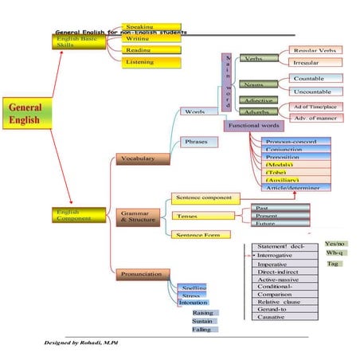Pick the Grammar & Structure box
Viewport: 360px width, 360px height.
pos(140,217)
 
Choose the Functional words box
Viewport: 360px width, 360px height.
pos(254,126)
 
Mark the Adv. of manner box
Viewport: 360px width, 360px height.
pos(317,119)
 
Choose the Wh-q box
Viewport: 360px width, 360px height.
pos(335,252)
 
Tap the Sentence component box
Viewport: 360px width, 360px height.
pos(204,197)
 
